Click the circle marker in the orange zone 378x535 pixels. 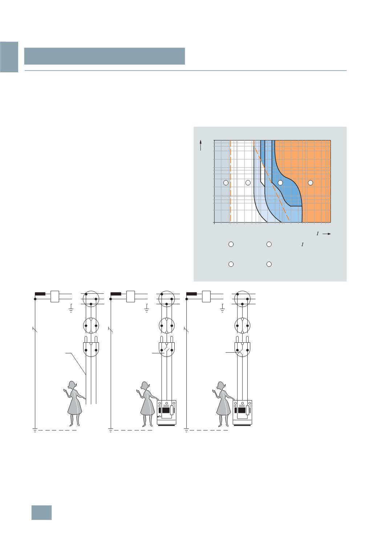coord(310,183)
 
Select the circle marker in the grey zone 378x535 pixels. coord(225,183)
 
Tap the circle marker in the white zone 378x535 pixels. coord(248,183)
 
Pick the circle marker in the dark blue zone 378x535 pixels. coord(280,183)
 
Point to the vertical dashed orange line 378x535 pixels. coord(231,181)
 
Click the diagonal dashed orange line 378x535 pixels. coord(272,181)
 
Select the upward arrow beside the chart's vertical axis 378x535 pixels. coord(201,145)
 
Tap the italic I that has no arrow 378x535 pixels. coord(302,245)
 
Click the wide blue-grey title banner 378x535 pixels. coord(105,56)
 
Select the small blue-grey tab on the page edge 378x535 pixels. coord(9,57)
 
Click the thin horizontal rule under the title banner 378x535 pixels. coord(186,71)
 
